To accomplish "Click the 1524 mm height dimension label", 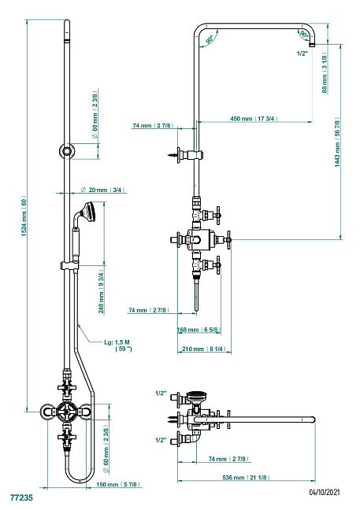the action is point(24,216).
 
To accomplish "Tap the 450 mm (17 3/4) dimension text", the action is point(254,118).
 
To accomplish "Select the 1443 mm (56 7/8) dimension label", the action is point(337,144).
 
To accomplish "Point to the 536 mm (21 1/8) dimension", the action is point(246,478).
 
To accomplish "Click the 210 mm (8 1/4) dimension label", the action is point(204,349).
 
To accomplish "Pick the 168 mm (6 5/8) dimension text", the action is point(199,330).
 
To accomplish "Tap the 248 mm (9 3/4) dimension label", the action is point(102,290).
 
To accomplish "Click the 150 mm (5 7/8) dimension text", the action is point(119,485).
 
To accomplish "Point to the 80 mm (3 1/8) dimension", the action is point(325,72).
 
